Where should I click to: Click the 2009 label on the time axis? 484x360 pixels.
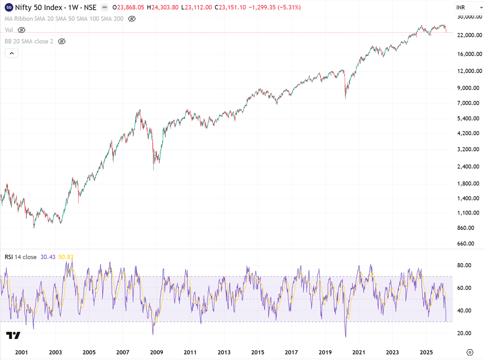(156, 352)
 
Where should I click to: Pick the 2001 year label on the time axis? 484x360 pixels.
(21, 352)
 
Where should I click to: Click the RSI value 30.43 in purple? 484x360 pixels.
(48, 257)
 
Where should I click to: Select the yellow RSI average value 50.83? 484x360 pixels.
(66, 257)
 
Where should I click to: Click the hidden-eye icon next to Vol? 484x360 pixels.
(22, 30)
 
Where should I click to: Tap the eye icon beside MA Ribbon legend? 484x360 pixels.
(131, 19)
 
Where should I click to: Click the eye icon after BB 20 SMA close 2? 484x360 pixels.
(61, 41)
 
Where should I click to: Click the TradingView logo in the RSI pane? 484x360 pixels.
(13, 335)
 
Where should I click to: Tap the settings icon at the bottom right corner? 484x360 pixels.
(470, 352)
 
